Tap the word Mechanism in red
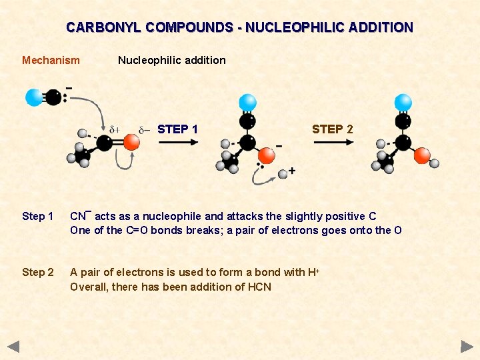[x=51, y=61]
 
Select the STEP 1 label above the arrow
[x=177, y=129]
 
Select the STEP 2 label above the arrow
[x=332, y=129]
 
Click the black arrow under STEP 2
[x=333, y=141]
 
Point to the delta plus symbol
[x=114, y=129]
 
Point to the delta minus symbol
[x=144, y=129]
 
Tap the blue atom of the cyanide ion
[x=34, y=98]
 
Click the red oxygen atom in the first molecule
[x=131, y=142]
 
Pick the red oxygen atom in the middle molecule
[x=266, y=155]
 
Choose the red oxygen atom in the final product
[x=421, y=155]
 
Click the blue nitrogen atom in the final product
[x=403, y=102]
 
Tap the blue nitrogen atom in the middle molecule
[x=247, y=102]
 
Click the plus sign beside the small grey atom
[x=292, y=171]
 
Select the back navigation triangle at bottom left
[x=13, y=347]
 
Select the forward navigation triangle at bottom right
[x=467, y=347]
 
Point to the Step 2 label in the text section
[x=38, y=273]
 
